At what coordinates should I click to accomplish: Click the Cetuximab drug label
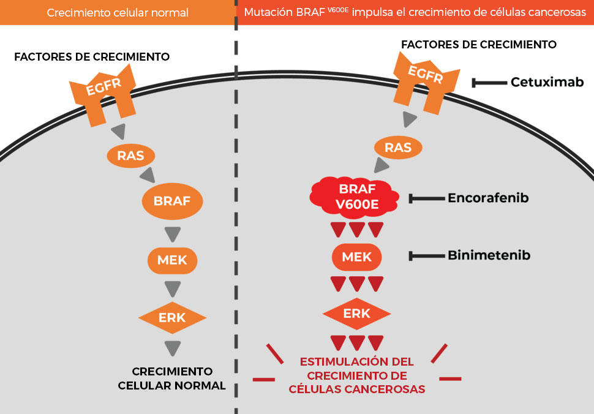point(547,82)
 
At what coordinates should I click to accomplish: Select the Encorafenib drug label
point(488,198)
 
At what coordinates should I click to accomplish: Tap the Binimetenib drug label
point(488,255)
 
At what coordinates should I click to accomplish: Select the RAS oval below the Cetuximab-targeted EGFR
point(397,147)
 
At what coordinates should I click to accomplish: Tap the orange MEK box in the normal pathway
point(172,260)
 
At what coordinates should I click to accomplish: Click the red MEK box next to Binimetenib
point(357,256)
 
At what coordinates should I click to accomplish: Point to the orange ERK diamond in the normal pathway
point(172,318)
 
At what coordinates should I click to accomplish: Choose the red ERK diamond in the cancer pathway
point(357,314)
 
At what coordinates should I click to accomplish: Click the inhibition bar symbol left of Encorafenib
point(424,198)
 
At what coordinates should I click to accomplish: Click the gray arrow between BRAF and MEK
point(172,234)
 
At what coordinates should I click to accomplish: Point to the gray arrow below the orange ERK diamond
point(172,348)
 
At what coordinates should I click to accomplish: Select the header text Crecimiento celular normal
point(118,12)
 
